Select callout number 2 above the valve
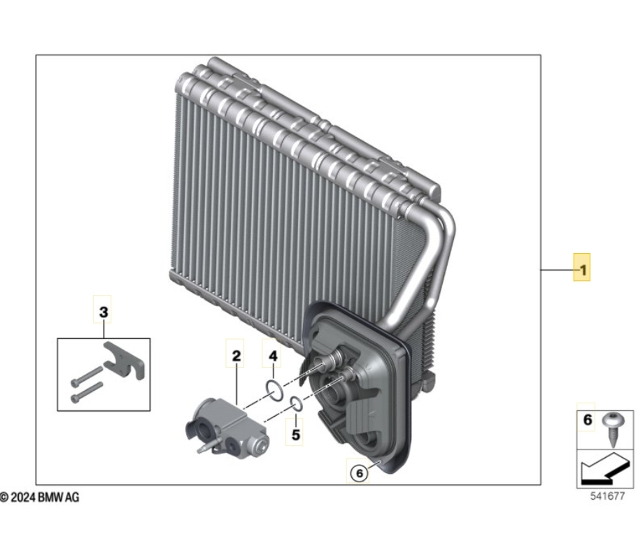click(x=236, y=356)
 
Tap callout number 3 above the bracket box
click(x=104, y=312)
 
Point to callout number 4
click(x=273, y=356)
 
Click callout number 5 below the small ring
click(x=296, y=435)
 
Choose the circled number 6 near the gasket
click(x=359, y=473)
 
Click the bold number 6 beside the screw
click(x=587, y=419)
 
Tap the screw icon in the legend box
click(x=612, y=429)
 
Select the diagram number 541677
click(x=607, y=496)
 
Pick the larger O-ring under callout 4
click(x=274, y=389)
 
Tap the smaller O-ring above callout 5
click(x=296, y=405)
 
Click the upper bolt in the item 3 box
click(x=87, y=376)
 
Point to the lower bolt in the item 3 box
click(x=87, y=393)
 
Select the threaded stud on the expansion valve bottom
click(x=205, y=447)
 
